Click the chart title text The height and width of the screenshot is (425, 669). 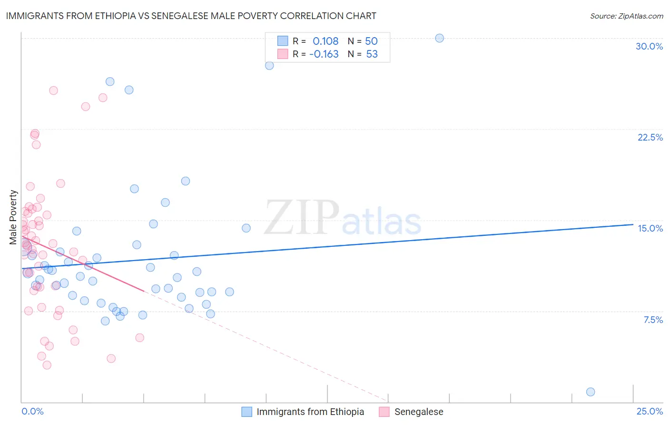(x=191, y=16)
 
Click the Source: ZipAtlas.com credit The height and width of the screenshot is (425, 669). (x=626, y=16)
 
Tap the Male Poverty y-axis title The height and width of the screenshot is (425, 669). (x=13, y=217)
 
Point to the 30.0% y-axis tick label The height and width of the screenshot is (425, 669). (x=649, y=46)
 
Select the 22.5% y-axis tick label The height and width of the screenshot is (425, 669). (x=650, y=137)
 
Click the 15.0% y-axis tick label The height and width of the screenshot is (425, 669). (x=650, y=228)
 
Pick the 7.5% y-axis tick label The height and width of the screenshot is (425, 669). (x=653, y=320)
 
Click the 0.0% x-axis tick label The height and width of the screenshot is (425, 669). (x=32, y=411)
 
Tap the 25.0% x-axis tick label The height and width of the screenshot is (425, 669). (x=649, y=411)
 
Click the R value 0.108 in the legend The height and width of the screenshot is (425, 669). (x=325, y=41)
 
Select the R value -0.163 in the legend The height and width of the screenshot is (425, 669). (x=324, y=54)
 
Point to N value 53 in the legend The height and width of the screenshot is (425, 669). (x=372, y=54)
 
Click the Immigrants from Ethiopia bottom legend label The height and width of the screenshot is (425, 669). (x=310, y=412)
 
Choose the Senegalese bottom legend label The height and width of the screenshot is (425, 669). (x=419, y=412)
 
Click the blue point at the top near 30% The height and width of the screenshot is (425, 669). (x=440, y=38)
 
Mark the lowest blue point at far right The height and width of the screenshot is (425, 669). (x=590, y=392)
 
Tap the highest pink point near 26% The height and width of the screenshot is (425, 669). (x=53, y=91)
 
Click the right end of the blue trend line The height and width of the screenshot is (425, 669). (x=633, y=224)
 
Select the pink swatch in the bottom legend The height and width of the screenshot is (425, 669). (x=384, y=412)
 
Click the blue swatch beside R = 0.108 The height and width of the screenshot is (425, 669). (x=283, y=41)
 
